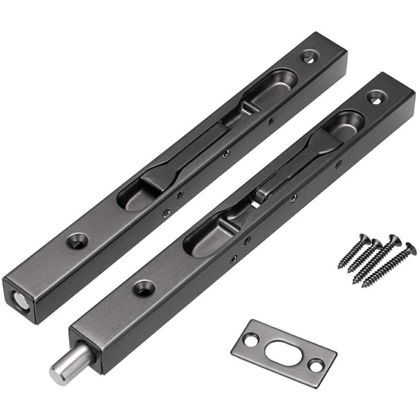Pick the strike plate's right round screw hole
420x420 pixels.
[x=316, y=365]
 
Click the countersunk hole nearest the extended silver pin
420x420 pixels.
[x=144, y=287]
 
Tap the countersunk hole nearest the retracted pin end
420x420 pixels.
[x=78, y=241]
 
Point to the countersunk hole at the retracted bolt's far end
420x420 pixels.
[x=309, y=57]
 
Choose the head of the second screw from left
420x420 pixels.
[x=377, y=243]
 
